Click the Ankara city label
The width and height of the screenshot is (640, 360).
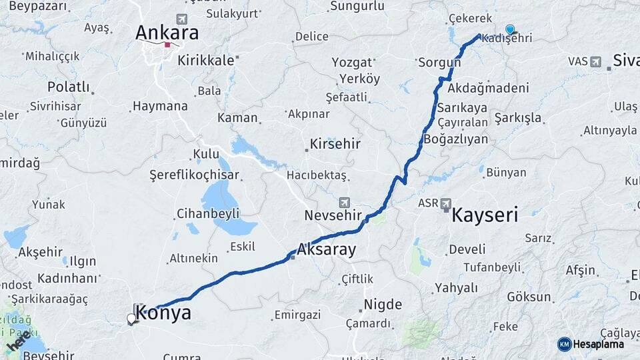[167, 33]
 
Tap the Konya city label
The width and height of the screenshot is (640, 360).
[163, 313]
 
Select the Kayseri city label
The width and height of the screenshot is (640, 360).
[485, 215]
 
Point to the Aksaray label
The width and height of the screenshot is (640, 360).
[326, 250]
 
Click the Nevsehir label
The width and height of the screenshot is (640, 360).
[333, 215]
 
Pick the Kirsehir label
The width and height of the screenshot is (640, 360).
[335, 144]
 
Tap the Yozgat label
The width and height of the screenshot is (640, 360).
[352, 63]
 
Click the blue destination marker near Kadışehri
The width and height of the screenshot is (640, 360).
[510, 29]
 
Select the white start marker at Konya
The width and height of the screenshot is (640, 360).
[131, 319]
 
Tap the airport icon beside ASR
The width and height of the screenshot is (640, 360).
[445, 203]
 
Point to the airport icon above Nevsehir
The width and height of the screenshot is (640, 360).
[344, 202]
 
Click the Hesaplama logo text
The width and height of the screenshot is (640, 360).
[599, 344]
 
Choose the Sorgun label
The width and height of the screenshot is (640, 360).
[439, 63]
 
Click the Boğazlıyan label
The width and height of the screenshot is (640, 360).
[456, 139]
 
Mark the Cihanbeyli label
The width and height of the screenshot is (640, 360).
[208, 214]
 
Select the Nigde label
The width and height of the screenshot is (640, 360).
[382, 305]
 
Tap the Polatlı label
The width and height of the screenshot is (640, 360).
[68, 87]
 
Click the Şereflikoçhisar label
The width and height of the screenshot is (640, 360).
[194, 175]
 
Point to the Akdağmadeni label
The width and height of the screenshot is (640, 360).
[488, 88]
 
